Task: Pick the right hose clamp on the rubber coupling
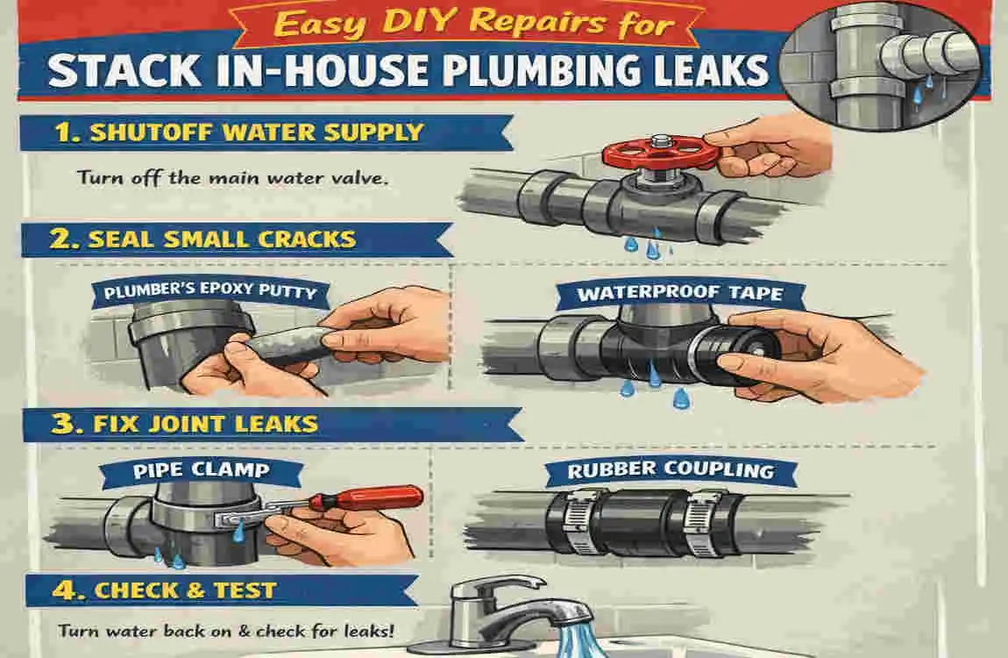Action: (x=703, y=524)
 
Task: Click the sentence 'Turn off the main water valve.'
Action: (x=232, y=177)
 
